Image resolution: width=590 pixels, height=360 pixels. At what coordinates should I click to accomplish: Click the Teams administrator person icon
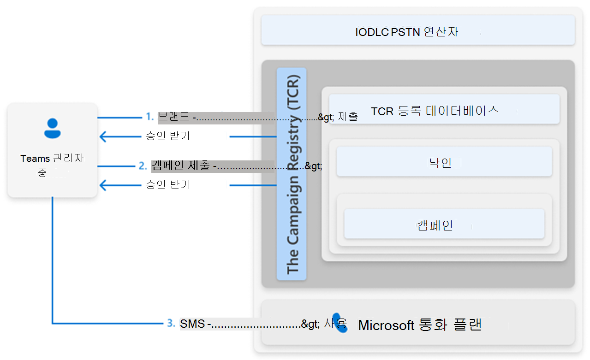[52, 128]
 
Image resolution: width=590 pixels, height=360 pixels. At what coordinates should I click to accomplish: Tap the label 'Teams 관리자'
[52, 159]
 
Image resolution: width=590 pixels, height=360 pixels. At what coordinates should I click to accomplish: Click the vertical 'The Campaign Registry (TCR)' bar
[292, 174]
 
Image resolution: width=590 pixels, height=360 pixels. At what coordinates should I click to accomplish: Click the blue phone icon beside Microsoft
[340, 324]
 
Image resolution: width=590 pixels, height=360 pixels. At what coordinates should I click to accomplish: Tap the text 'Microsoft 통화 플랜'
[419, 325]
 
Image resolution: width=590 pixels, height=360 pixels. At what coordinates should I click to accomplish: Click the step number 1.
[149, 117]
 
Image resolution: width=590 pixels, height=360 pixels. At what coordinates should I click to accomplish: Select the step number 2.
[143, 165]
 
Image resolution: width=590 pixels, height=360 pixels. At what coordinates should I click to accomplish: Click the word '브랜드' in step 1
[173, 117]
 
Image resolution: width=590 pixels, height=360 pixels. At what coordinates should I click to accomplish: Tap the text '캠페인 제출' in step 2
[181, 165]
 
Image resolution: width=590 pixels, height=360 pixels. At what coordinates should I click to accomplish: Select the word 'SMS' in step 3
[192, 324]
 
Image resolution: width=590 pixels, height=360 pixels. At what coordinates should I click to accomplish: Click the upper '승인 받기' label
[167, 136]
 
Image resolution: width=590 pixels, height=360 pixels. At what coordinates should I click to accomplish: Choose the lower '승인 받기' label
[167, 185]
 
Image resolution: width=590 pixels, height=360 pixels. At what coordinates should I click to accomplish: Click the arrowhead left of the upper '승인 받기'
[104, 136]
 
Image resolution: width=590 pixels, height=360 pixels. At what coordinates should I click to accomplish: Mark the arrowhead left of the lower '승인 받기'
[104, 185]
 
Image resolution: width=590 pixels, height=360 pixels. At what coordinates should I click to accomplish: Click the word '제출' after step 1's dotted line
[348, 117]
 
